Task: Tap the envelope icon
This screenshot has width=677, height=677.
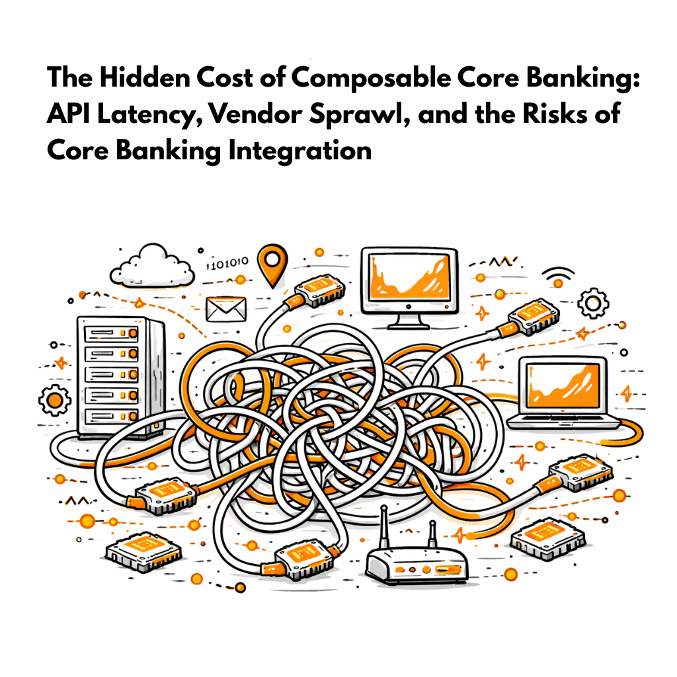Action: pyautogui.click(x=225, y=307)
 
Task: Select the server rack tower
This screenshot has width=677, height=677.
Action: pyautogui.click(x=120, y=377)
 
